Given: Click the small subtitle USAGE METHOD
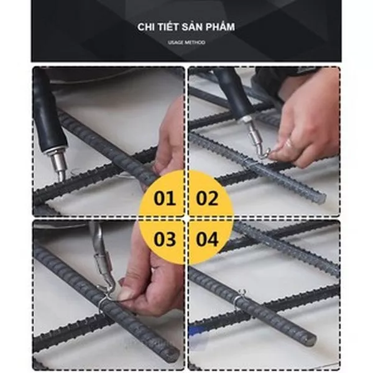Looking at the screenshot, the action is tap(186, 42).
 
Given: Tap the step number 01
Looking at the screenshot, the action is tap(165, 198).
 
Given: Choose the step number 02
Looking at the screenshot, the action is tap(207, 198).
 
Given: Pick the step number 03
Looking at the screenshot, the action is tap(165, 239).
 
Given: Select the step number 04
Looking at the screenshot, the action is tap(207, 239).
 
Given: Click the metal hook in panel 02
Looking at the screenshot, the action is tap(258, 143).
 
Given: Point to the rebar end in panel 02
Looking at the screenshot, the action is tap(321, 199).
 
